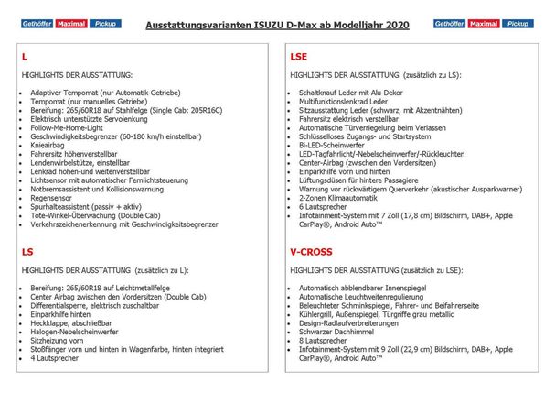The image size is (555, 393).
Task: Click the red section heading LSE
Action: click(x=298, y=57)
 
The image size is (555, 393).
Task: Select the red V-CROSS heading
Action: click(x=309, y=250)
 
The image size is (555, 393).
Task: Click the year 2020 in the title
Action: click(x=391, y=26)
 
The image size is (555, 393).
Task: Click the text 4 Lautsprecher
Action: click(x=59, y=356)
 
